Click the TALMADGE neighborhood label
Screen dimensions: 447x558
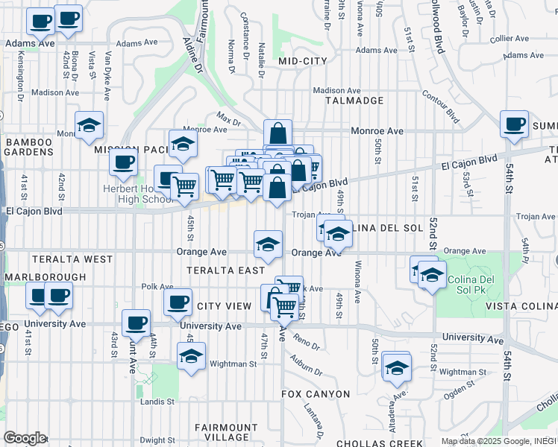[x=354, y=101]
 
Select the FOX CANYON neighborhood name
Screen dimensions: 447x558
[x=316, y=393]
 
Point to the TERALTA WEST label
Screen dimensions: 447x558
[x=72, y=259]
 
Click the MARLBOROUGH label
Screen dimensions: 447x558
[x=45, y=277]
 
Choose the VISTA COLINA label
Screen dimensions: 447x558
[x=521, y=306]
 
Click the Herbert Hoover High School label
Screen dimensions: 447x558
[x=139, y=194]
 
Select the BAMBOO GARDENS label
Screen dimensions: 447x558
[x=29, y=147]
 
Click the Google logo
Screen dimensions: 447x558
[x=25, y=437]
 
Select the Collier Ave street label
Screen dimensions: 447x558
[x=510, y=39]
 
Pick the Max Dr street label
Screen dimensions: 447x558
[x=229, y=118]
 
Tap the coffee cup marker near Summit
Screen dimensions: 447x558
[x=513, y=124]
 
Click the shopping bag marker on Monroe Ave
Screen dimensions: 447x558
[x=278, y=134]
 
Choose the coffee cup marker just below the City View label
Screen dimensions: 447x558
[x=178, y=303]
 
